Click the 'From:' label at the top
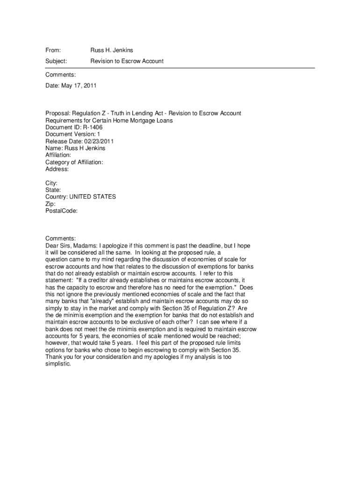53,50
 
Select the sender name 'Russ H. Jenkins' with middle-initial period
112,50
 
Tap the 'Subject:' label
56,61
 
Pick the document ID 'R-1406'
93,127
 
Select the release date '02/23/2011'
99,141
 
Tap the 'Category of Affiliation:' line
74,162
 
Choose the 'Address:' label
57,169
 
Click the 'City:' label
51,183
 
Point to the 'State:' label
53,190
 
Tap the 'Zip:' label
50,204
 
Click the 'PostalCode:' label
61,211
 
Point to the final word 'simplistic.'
58,364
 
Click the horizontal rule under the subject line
180,68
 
